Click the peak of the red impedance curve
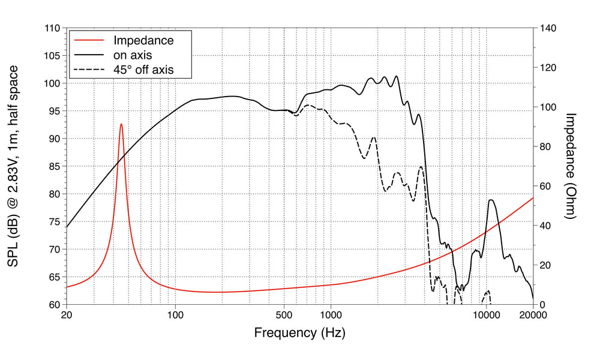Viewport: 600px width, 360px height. [x=121, y=124]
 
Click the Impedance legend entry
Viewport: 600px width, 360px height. [x=143, y=41]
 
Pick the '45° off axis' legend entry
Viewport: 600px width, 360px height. [x=143, y=70]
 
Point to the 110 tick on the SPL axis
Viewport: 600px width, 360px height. [x=53, y=28]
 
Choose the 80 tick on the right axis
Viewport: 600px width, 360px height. [x=545, y=146]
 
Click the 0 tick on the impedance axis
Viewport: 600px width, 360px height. [x=542, y=304]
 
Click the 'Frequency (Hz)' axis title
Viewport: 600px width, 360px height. [x=299, y=332]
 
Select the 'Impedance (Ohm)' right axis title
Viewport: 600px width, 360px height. [x=570, y=166]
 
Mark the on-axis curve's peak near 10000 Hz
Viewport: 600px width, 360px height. [x=491, y=200]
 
